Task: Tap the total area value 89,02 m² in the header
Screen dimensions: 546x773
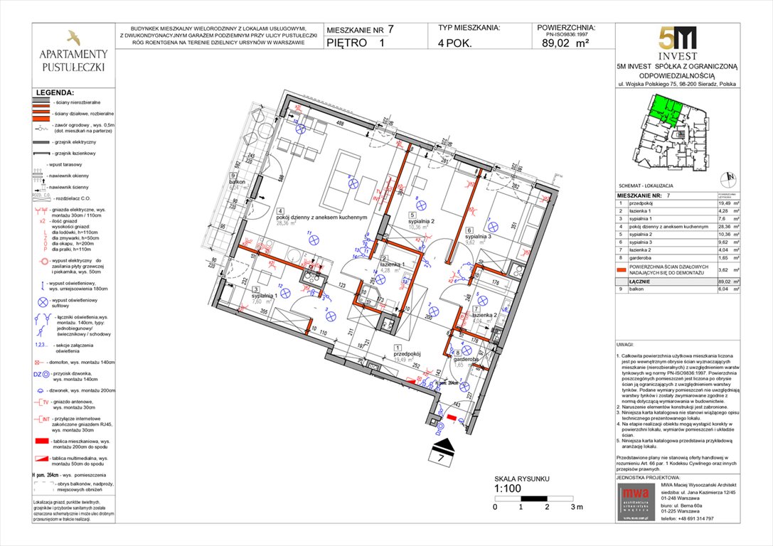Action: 565,42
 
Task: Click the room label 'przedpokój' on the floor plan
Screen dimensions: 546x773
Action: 408,353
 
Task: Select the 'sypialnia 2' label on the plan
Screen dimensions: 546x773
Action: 422,220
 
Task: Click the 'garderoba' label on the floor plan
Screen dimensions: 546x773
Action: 467,360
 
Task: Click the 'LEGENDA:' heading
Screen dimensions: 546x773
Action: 55,92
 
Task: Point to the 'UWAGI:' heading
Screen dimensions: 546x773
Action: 627,343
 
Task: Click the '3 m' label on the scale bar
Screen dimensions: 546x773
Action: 576,507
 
